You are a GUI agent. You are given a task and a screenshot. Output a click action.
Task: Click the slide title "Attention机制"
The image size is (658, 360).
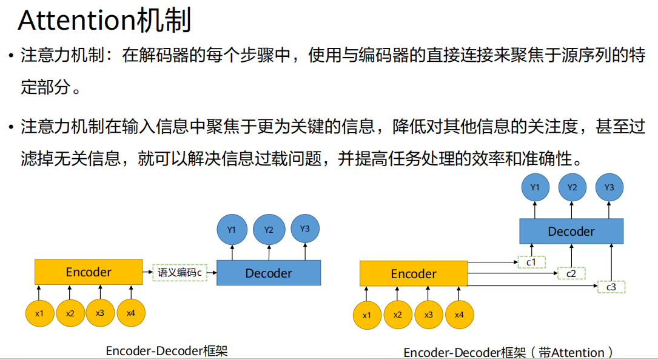click(x=104, y=21)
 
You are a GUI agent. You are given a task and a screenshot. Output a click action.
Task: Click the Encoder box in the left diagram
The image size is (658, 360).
click(x=89, y=272)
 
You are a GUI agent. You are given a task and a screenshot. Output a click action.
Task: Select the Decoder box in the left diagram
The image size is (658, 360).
click(x=269, y=273)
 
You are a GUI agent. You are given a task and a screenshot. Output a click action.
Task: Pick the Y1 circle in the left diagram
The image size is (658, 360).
click(x=232, y=230)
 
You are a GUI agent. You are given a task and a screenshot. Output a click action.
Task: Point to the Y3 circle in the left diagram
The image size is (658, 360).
click(x=305, y=228)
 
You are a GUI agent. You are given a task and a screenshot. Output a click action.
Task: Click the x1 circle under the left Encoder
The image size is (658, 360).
click(x=39, y=313)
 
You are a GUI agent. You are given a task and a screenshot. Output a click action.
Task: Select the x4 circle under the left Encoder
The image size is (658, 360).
click(x=131, y=313)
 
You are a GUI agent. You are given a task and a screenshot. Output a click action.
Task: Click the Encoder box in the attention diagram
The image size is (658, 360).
click(x=414, y=274)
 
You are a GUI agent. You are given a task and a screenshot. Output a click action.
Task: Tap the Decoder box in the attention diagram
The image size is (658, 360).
click(x=571, y=232)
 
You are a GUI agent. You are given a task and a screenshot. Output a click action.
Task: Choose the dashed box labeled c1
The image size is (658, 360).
click(x=531, y=262)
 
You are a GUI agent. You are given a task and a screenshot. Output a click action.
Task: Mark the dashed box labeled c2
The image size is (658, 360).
click(x=571, y=274)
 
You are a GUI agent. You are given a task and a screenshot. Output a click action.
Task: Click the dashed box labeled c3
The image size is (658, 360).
click(x=611, y=287)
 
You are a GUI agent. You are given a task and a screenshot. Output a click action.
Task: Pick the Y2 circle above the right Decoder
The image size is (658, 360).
click(x=572, y=187)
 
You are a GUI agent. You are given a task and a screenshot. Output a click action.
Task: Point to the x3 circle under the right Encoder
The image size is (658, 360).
click(x=429, y=315)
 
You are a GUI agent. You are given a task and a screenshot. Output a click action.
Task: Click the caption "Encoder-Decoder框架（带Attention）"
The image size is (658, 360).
click(x=509, y=353)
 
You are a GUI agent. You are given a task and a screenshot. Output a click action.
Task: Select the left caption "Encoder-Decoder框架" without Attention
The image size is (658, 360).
click(x=167, y=351)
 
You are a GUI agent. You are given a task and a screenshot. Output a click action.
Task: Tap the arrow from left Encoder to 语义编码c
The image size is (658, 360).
click(x=147, y=273)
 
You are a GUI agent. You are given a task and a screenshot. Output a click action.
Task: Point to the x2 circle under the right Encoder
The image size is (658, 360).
click(x=398, y=315)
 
